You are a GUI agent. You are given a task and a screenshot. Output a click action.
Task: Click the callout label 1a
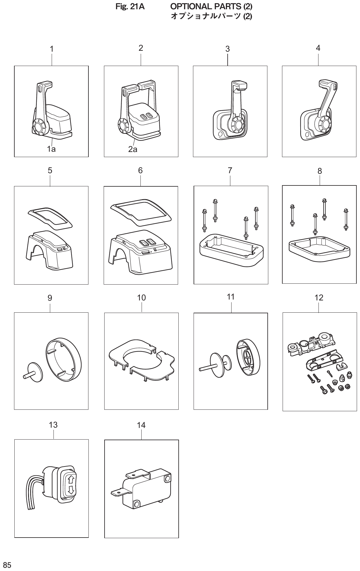tap(51, 149)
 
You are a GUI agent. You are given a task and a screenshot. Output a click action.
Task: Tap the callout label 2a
tap(132, 149)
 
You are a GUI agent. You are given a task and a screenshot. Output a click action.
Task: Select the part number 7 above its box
tap(230, 170)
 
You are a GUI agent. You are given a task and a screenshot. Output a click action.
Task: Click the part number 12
tap(319, 297)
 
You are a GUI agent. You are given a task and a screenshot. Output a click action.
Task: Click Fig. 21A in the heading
tap(130, 6)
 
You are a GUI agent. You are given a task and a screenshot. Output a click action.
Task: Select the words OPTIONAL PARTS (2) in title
tap(211, 6)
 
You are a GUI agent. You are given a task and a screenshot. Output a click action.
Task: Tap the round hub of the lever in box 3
tap(237, 125)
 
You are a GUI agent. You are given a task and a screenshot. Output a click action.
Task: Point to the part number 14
tap(141, 425)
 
